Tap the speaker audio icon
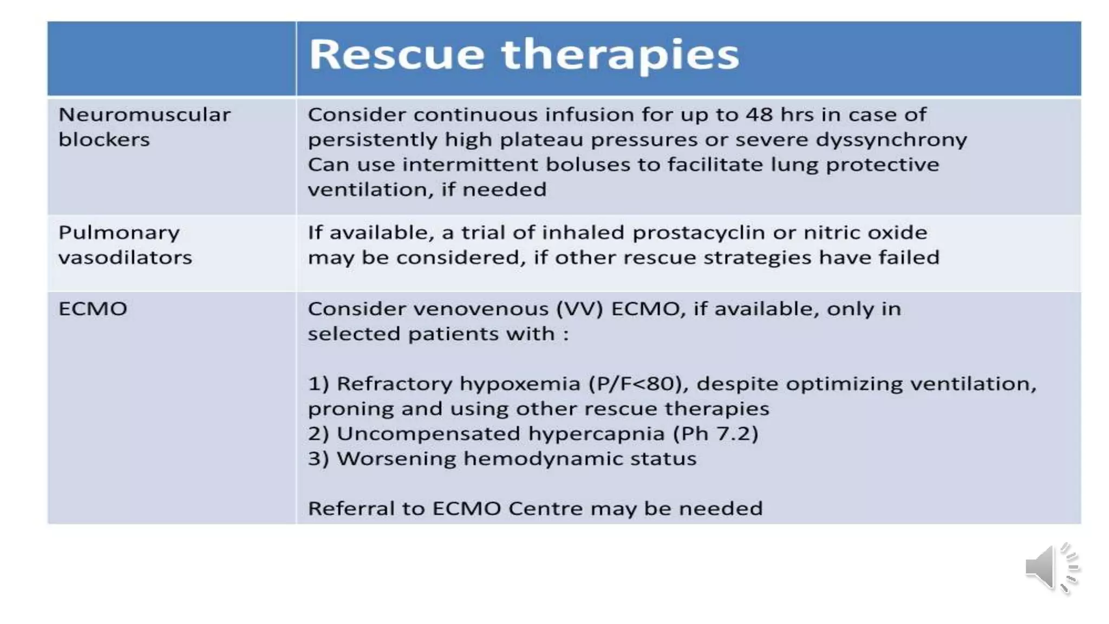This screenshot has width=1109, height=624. pyautogui.click(x=1051, y=568)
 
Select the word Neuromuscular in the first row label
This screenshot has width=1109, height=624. pyautogui.click(x=145, y=115)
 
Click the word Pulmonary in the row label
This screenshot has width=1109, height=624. pyautogui.click(x=119, y=233)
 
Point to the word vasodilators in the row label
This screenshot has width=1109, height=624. pyautogui.click(x=125, y=257)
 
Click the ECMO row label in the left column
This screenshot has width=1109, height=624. pyautogui.click(x=93, y=309)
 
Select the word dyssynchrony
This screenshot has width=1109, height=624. pyautogui.click(x=891, y=140)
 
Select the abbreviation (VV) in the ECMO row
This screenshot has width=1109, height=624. pyautogui.click(x=579, y=309)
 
